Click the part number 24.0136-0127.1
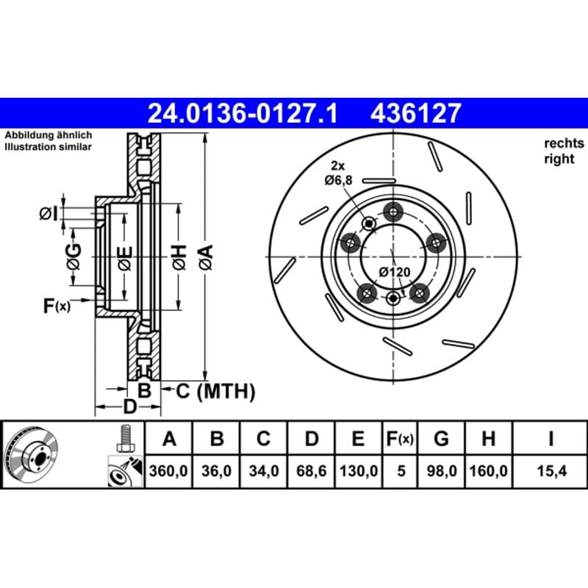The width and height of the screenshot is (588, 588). (243, 114)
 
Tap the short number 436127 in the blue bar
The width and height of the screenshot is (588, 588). (415, 114)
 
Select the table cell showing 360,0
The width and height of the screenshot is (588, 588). (168, 471)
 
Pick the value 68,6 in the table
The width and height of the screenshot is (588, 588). (311, 471)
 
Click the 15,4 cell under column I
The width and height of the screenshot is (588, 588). (552, 471)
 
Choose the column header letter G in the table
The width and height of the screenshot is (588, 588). (442, 438)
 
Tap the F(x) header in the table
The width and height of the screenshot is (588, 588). (400, 438)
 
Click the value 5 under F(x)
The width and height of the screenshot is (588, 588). (401, 471)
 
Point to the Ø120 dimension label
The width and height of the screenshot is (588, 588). (395, 272)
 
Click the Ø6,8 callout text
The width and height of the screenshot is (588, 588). (339, 180)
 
